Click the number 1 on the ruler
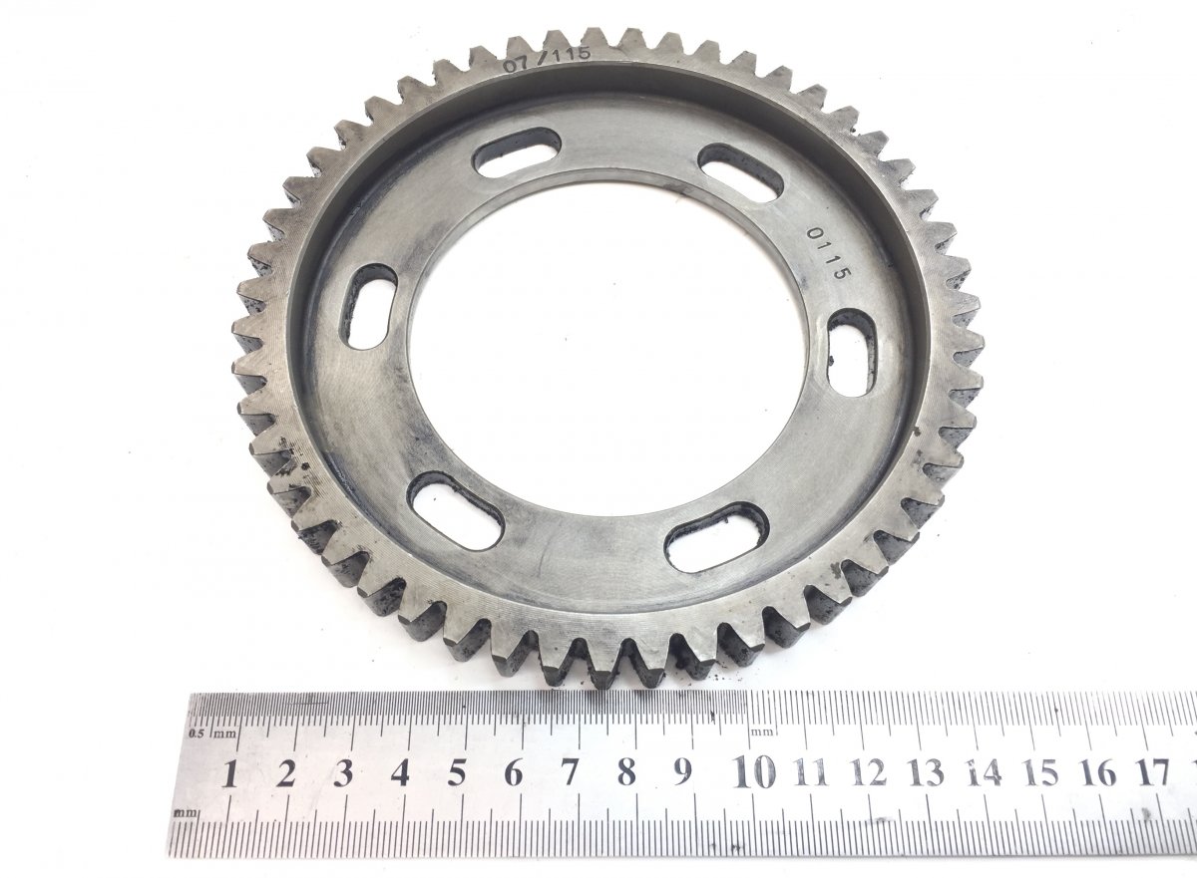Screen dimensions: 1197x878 [229, 774]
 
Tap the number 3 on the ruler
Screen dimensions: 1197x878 [342, 773]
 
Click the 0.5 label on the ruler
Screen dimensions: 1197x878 [197, 732]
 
